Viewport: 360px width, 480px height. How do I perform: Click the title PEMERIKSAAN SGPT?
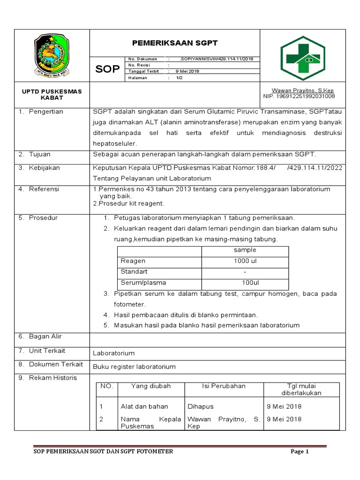[x=174, y=43]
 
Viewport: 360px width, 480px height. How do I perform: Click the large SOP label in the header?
[x=107, y=69]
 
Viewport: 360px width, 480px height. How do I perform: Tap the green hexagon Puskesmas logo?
[x=302, y=59]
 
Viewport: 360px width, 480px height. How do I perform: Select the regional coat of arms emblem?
[x=52, y=55]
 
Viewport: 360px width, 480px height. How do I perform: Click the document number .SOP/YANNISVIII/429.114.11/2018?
[x=216, y=59]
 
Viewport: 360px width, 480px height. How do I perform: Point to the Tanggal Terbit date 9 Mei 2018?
[x=187, y=71]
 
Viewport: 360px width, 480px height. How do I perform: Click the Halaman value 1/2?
[x=179, y=78]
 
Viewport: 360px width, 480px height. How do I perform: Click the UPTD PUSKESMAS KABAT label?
[x=52, y=95]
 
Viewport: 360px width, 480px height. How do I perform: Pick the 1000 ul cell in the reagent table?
[x=245, y=261]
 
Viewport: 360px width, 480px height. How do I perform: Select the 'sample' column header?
[x=245, y=250]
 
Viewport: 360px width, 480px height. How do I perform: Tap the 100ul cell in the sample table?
[x=250, y=283]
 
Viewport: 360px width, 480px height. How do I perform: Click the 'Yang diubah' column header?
[x=150, y=386]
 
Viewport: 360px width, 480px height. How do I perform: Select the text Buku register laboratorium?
[x=134, y=367]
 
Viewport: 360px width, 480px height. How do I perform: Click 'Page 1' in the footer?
[x=300, y=452]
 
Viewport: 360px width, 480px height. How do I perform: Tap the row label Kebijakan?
[x=44, y=168]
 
